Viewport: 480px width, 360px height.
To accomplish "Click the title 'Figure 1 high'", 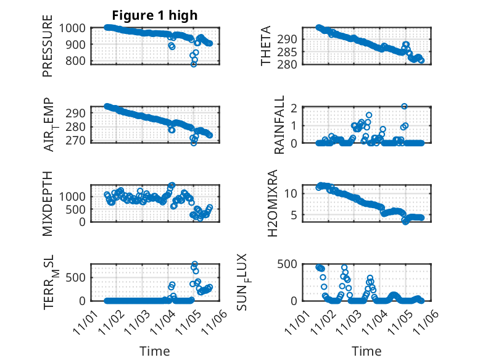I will [x=155, y=15].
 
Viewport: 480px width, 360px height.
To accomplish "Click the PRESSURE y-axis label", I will [x=48, y=50].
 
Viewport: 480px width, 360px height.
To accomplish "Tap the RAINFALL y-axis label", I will [x=279, y=125].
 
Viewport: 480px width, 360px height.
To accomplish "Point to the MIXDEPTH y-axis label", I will [x=48, y=204].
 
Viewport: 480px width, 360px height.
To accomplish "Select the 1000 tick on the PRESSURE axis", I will [x=73, y=28].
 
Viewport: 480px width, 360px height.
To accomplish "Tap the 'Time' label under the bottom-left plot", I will [x=155, y=351].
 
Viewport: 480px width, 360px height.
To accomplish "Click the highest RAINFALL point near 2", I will [x=404, y=106].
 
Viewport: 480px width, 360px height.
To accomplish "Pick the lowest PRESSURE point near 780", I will [x=194, y=64].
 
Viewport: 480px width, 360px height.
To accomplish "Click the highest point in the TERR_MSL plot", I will [x=195, y=264].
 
